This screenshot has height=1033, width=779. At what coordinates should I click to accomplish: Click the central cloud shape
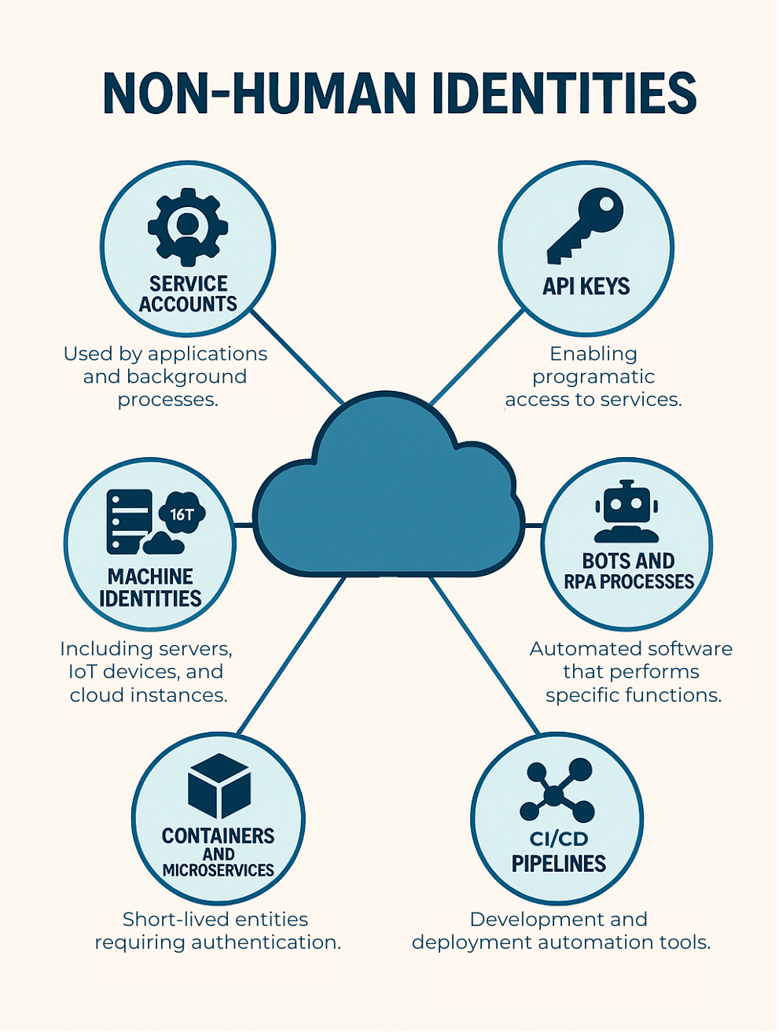tap(388, 496)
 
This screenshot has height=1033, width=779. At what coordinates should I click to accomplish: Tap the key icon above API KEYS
tap(586, 223)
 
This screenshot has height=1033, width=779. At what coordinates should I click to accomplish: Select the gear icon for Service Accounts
tap(188, 227)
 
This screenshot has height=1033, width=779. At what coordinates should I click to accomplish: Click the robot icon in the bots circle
tap(627, 512)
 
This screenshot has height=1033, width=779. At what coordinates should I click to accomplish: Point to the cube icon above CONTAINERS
tap(219, 785)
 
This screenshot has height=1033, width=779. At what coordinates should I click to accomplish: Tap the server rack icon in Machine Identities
tap(128, 522)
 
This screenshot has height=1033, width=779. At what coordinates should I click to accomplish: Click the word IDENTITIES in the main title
tap(564, 94)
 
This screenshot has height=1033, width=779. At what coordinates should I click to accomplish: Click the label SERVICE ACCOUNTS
tap(188, 294)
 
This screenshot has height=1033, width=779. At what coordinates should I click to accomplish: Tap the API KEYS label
tap(586, 286)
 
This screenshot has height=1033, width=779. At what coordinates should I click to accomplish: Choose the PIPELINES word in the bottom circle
tap(558, 864)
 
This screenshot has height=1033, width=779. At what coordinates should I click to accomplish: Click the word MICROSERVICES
tap(219, 870)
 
